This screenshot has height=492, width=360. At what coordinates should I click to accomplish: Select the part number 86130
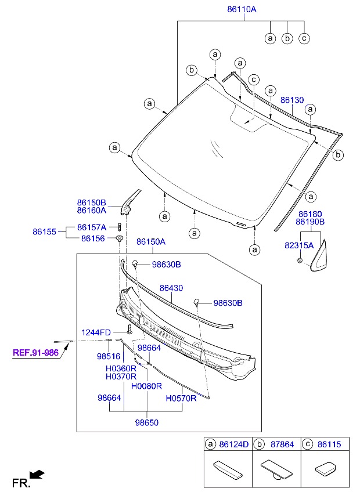(x=292, y=100)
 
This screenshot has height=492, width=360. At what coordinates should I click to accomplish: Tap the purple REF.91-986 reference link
(x=36, y=352)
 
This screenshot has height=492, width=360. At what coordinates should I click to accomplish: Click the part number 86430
(x=171, y=288)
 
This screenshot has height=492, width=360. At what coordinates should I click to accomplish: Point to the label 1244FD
(x=96, y=332)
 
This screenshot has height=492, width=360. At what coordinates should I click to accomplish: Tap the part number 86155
(x=44, y=232)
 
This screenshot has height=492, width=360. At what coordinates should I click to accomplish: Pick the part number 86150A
(x=151, y=241)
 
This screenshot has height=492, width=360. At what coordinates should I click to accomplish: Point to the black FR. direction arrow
(x=37, y=475)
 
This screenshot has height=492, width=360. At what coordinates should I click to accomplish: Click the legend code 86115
(x=329, y=444)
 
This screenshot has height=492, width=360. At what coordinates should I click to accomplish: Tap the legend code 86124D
(x=234, y=444)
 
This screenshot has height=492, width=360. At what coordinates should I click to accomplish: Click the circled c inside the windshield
(x=253, y=79)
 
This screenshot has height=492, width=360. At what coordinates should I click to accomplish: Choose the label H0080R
(x=146, y=386)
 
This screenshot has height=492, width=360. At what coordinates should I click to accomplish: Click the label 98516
(x=108, y=357)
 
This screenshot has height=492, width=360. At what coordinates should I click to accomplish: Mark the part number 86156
(x=93, y=238)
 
